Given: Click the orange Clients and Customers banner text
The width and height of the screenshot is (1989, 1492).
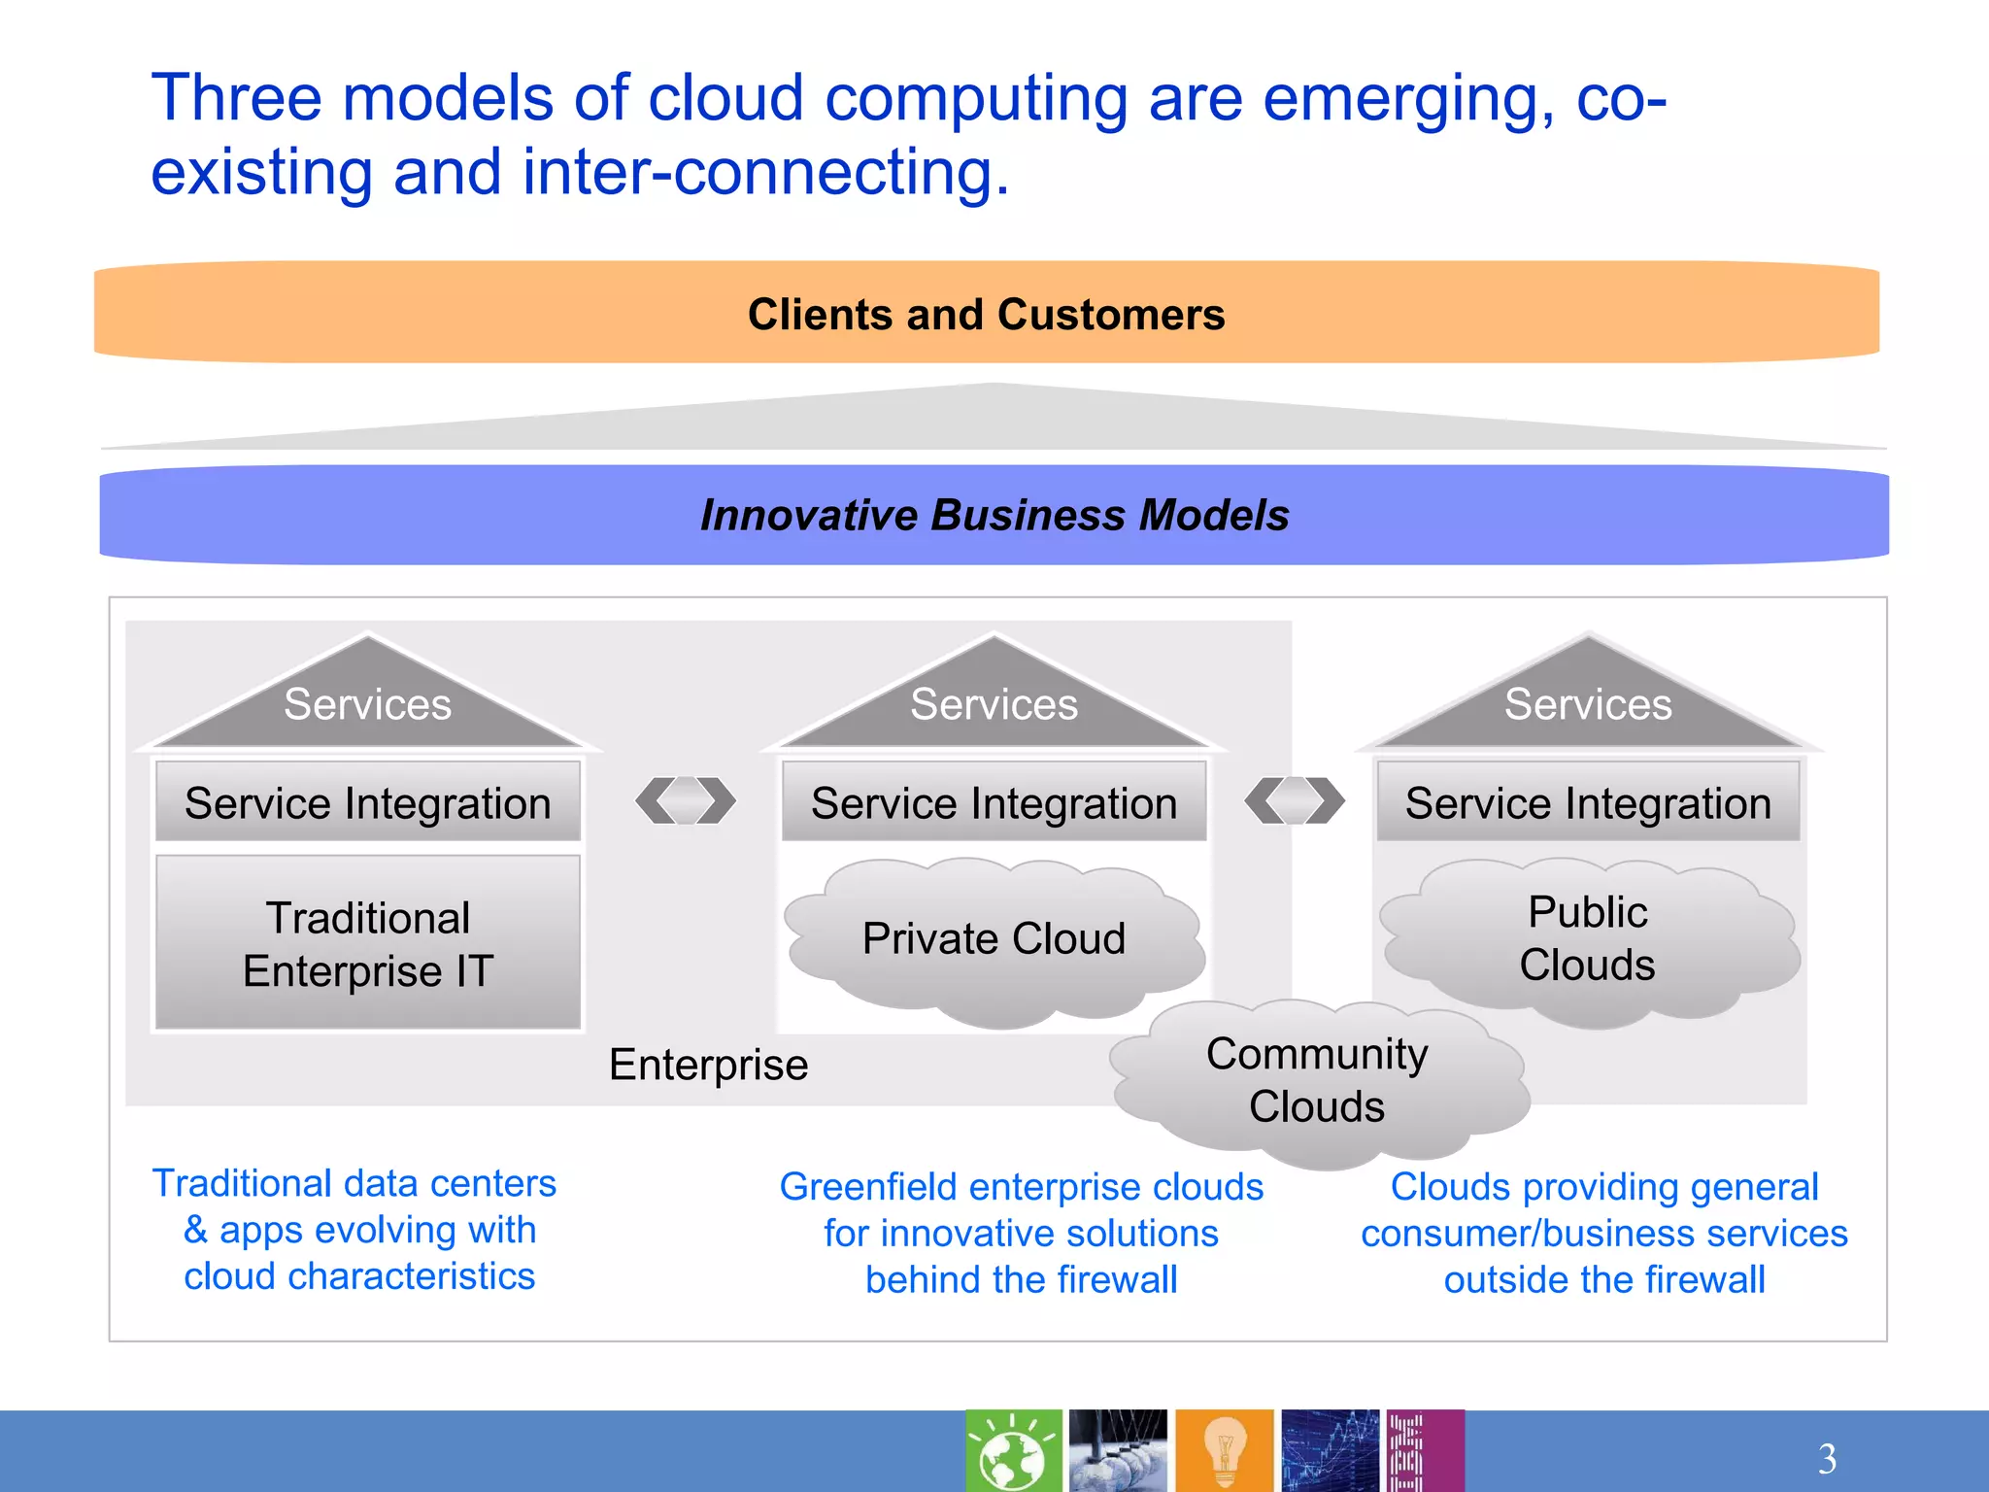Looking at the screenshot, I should coord(986,315).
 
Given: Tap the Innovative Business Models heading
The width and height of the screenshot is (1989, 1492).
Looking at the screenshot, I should coord(994,515).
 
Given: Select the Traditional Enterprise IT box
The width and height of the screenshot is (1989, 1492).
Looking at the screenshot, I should coord(368,943).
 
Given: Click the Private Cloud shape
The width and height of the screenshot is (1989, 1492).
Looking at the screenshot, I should coord(994,939).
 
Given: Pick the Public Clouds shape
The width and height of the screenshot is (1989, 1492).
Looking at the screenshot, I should coord(1587,938).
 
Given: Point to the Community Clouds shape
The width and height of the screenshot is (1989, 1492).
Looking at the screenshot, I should coord(1317,1080).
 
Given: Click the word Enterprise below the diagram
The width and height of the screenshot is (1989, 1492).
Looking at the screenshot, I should coord(708,1065).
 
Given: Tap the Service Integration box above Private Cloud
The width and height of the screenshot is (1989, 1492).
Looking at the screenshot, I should coord(994,803).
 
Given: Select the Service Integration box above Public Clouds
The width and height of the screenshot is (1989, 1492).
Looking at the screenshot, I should coord(1588,803).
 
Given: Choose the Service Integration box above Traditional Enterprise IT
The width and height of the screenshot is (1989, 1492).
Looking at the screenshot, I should coord(368,803).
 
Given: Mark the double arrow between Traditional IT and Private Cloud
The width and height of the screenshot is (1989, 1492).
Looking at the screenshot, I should coord(686,800).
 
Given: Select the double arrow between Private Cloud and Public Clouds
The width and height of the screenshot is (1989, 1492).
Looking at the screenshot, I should coord(1295,800).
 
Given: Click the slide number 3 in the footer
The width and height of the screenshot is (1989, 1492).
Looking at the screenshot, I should coord(1827,1458).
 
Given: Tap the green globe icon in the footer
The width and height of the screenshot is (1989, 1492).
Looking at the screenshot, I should coord(1013,1451).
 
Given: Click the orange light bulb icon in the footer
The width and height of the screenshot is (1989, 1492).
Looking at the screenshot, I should coord(1224,1451).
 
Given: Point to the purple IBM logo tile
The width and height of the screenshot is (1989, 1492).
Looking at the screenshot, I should coord(1424,1451).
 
